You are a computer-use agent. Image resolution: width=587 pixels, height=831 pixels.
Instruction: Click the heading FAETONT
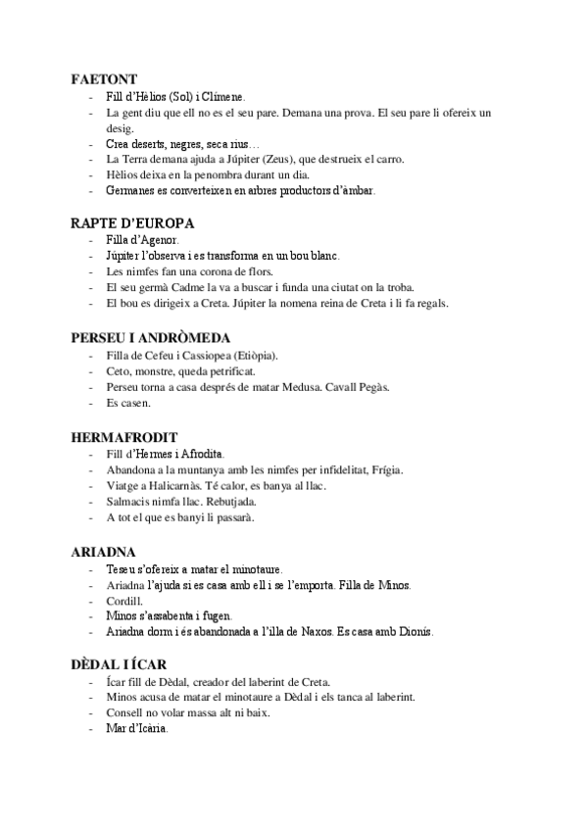pyautogui.click(x=103, y=78)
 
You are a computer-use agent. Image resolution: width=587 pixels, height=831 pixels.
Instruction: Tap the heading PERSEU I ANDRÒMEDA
pyautogui.click(x=151, y=336)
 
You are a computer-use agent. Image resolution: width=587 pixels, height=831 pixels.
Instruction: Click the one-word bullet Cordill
pyautogui.click(x=123, y=601)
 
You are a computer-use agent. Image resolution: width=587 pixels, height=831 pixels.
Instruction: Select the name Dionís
pyautogui.click(x=415, y=632)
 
